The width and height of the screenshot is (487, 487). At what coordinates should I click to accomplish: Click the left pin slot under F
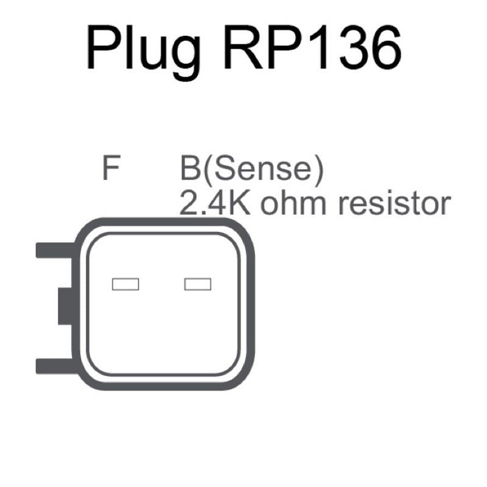[x=126, y=284]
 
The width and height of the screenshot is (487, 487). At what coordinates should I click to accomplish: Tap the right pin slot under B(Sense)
[x=198, y=284]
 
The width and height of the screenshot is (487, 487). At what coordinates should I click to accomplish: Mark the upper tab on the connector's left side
[x=55, y=250]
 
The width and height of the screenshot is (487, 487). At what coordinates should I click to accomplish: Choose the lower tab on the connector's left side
[x=55, y=365]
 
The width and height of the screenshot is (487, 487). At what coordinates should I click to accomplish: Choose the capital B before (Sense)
[x=190, y=170]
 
